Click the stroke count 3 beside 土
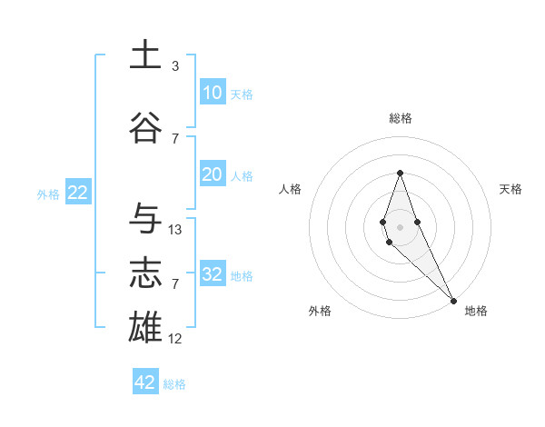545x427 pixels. pyautogui.click(x=175, y=66)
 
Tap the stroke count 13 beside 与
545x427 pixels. pyautogui.click(x=175, y=230)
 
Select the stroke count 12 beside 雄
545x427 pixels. pyautogui.click(x=175, y=339)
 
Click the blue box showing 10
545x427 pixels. pyautogui.click(x=212, y=93)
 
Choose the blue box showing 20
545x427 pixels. pyautogui.click(x=212, y=174)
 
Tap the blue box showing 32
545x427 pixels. pyautogui.click(x=212, y=274)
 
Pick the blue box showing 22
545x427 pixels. pyautogui.click(x=77, y=193)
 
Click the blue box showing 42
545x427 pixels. pyautogui.click(x=145, y=382)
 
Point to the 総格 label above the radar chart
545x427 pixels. pyautogui.click(x=400, y=118)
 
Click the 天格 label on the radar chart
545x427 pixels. pyautogui.click(x=510, y=189)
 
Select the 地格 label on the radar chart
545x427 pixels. pyautogui.click(x=476, y=311)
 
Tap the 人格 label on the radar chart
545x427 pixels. pyautogui.click(x=291, y=189)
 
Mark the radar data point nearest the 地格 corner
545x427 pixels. pyautogui.click(x=453, y=299)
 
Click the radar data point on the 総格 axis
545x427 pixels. pyautogui.click(x=400, y=173)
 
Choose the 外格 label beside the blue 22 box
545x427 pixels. pyautogui.click(x=48, y=194)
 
